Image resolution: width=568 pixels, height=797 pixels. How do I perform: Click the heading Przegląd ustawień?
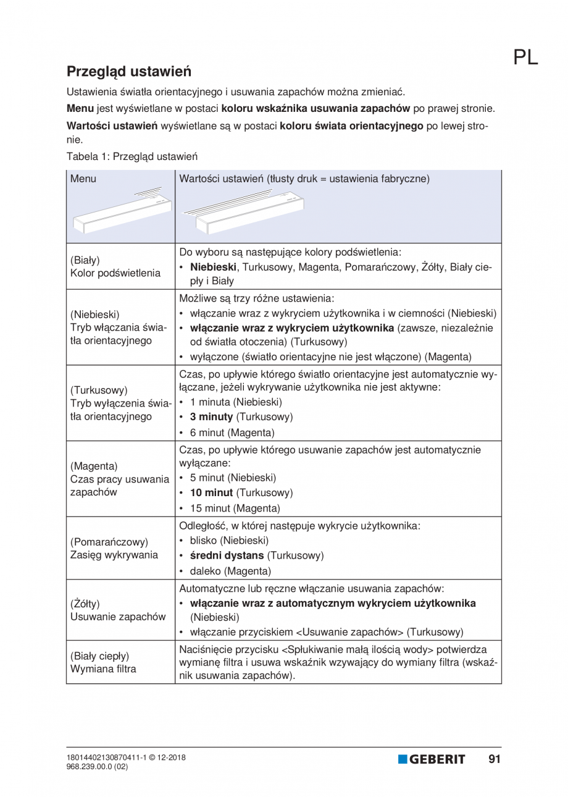coord(129,71)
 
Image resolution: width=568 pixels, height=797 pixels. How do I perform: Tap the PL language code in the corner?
coord(525,57)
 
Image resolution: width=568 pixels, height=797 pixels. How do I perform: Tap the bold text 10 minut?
coord(211,493)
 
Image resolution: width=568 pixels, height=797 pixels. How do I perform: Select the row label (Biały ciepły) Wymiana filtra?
coord(104,662)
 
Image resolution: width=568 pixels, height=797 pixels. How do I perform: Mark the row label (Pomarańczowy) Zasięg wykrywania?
coord(114,548)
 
